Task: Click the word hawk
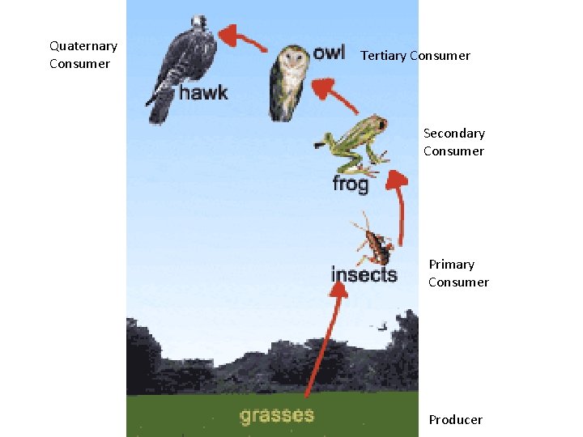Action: [x=203, y=93]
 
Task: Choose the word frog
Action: [x=350, y=185]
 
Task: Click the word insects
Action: [x=364, y=274]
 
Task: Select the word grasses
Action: [x=276, y=416]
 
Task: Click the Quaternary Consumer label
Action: [x=83, y=55]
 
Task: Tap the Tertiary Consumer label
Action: [x=415, y=56]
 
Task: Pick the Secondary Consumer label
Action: [x=453, y=142]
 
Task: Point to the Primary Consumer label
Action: [x=458, y=274]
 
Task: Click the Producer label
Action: [x=455, y=419]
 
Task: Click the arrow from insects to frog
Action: [x=397, y=206]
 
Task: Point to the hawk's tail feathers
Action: [x=156, y=108]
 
